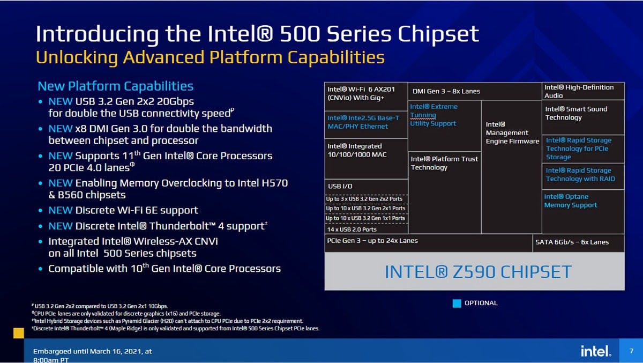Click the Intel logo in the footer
point(596,351)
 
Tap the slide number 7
point(632,351)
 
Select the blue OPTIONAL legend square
point(457,303)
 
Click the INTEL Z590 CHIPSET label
point(478,272)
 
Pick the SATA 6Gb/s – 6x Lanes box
point(578,243)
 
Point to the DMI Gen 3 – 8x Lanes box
point(475,91)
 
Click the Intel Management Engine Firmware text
point(512,132)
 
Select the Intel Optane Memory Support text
point(570,201)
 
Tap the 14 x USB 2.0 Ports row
point(352,229)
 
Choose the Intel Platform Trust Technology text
point(444,163)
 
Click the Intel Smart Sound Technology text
point(576,113)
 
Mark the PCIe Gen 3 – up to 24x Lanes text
point(372,241)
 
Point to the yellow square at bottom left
point(19,333)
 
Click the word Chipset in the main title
point(438,34)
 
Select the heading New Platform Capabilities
point(115,86)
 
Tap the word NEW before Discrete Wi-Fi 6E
point(60,210)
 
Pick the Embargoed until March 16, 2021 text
point(92,351)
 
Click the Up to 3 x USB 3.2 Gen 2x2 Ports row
point(364,199)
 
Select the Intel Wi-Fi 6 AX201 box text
point(361,94)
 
